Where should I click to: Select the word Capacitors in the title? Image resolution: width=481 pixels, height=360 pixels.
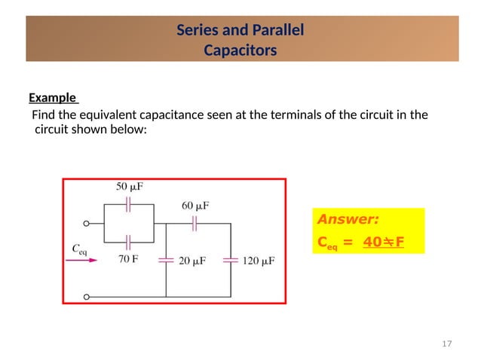pos(240,51)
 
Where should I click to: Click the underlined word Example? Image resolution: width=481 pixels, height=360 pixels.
pos(53,98)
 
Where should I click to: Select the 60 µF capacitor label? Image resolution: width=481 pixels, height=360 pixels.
pos(195,205)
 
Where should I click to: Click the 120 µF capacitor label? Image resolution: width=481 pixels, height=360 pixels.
pos(259,261)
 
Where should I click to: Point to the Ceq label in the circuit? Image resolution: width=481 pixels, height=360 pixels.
pos(78,249)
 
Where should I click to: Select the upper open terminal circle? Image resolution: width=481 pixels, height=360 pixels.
pos(87,224)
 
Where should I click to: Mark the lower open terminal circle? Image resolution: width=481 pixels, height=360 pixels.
pos(87,297)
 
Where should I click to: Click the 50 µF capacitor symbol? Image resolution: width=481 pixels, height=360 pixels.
pos(129,203)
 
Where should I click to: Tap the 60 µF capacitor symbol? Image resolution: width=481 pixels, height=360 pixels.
pos(195,223)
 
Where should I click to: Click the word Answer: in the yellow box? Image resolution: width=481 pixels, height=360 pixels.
pos(348,220)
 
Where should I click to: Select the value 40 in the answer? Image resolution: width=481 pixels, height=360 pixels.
pos(372,243)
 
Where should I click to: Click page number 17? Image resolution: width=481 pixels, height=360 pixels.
pos(446,344)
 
